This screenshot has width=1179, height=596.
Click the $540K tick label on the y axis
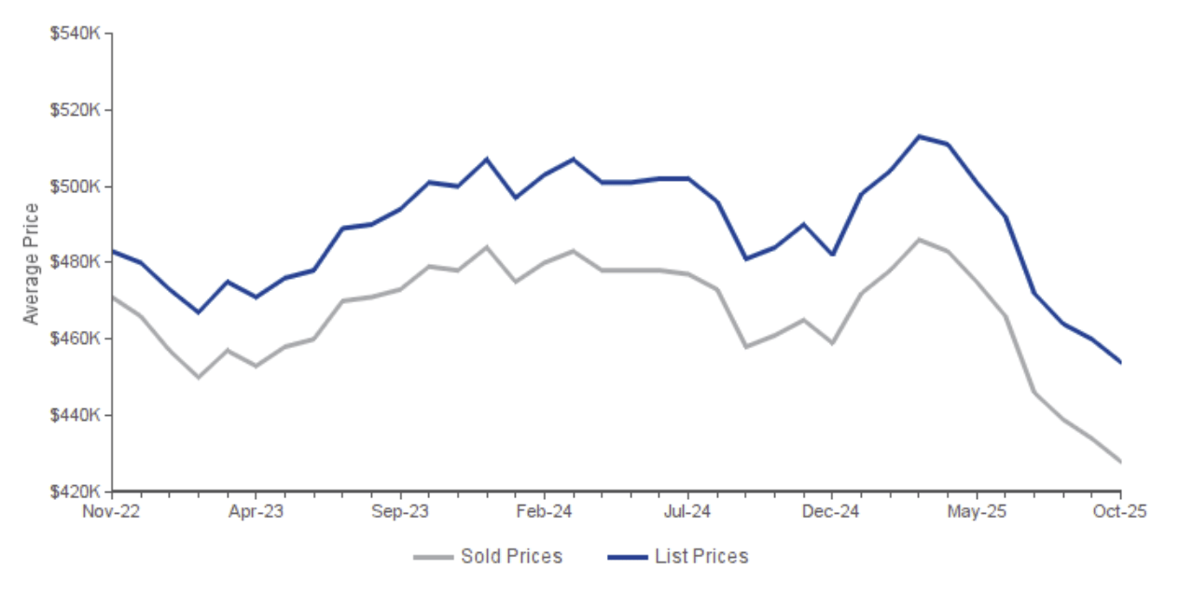[x=75, y=34]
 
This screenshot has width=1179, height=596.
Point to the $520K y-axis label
[x=75, y=110]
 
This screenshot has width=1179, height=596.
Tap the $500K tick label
[x=75, y=187]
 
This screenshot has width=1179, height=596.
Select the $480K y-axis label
[x=75, y=262]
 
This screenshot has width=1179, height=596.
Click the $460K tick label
[x=75, y=339]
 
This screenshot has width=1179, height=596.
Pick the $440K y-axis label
[x=75, y=415]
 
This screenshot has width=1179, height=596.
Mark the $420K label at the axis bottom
[x=75, y=491]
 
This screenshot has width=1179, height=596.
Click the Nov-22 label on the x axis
[x=111, y=511]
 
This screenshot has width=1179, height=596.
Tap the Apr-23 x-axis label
[x=256, y=511]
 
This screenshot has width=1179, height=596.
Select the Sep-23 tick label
[x=400, y=511]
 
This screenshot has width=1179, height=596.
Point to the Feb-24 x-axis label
[x=544, y=511]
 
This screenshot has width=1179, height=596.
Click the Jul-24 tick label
[x=688, y=511]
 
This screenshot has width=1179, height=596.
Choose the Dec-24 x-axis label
[x=832, y=511]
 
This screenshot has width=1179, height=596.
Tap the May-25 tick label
[x=977, y=511]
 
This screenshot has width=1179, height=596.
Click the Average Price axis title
[x=32, y=263]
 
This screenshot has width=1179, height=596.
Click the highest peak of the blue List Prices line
[x=919, y=136]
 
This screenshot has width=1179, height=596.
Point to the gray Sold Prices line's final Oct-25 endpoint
[x=1120, y=462]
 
